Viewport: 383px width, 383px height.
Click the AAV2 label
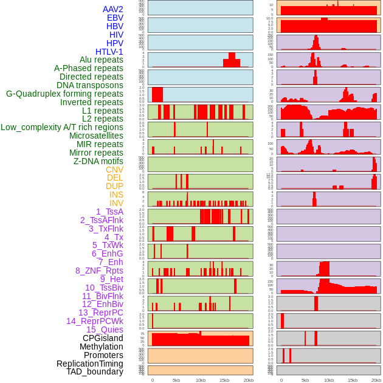tap(113, 9)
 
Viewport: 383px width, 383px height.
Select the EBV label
tap(115, 18)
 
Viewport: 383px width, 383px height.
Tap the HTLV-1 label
tap(109, 52)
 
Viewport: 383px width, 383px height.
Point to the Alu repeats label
tap(102, 60)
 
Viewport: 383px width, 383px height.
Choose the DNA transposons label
tap(90, 85)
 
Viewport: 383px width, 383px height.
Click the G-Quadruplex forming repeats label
tap(64, 94)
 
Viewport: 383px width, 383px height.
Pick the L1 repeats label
tap(103, 111)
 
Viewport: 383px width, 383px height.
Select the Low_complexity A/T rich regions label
tap(62, 127)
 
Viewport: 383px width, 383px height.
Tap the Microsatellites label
tap(96, 136)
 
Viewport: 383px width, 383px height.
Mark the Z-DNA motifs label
tap(98, 161)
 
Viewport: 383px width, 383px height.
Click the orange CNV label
tap(114, 170)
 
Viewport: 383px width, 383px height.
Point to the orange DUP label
tap(114, 186)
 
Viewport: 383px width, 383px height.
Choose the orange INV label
tap(116, 203)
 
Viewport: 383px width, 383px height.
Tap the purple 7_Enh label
tap(111, 262)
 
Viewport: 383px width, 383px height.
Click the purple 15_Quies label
tap(105, 330)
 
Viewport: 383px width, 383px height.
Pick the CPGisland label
tap(103, 338)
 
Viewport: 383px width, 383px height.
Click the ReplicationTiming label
tap(89, 364)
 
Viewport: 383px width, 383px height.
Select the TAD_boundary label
tap(95, 371)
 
